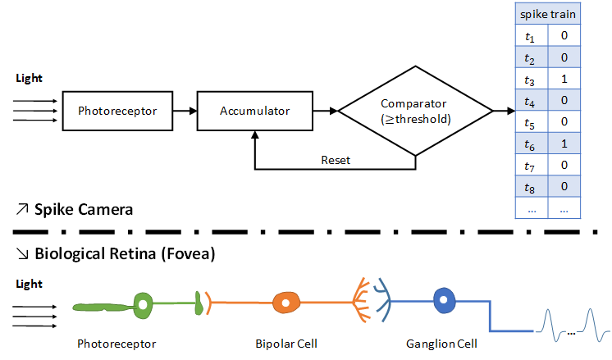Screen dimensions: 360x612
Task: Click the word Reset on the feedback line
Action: (x=336, y=160)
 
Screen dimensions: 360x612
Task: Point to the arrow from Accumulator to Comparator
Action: (x=327, y=110)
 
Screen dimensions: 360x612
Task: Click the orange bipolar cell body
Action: (x=285, y=304)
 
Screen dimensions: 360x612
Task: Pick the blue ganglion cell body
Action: (x=446, y=302)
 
